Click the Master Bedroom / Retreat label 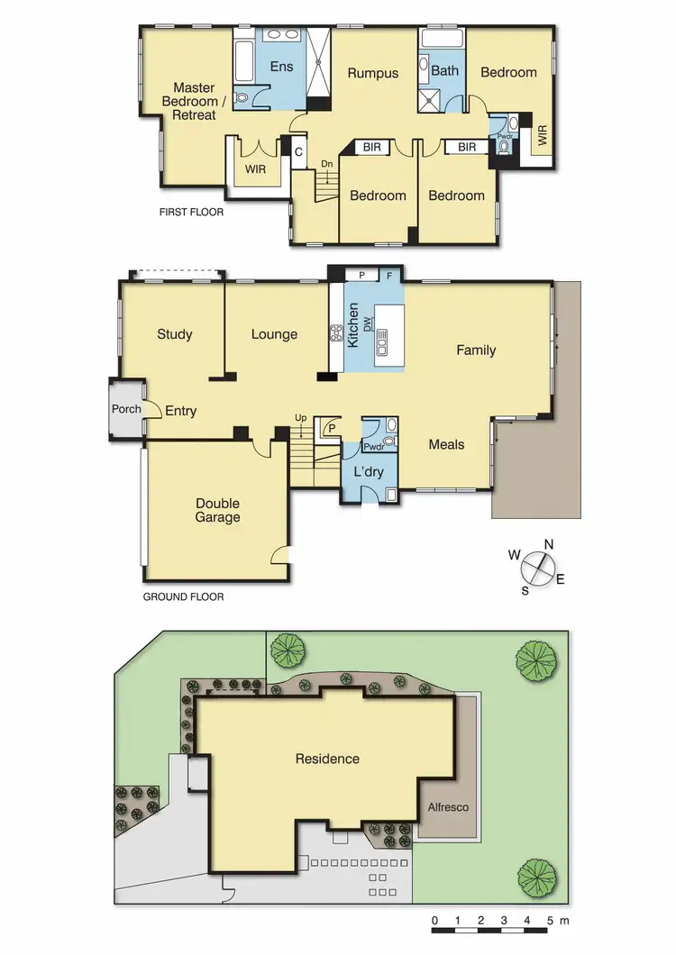(194, 101)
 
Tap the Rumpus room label (373, 73)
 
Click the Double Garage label (218, 510)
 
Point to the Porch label (126, 409)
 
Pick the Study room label (174, 334)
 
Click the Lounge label (274, 334)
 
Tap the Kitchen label (354, 326)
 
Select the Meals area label (446, 444)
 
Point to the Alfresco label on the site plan (448, 807)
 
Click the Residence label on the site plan (327, 759)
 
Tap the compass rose (538, 567)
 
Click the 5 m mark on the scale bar (551, 921)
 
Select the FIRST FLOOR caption (191, 213)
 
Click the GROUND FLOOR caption (184, 596)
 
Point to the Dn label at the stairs (325, 163)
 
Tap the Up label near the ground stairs (300, 417)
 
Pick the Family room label (476, 350)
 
